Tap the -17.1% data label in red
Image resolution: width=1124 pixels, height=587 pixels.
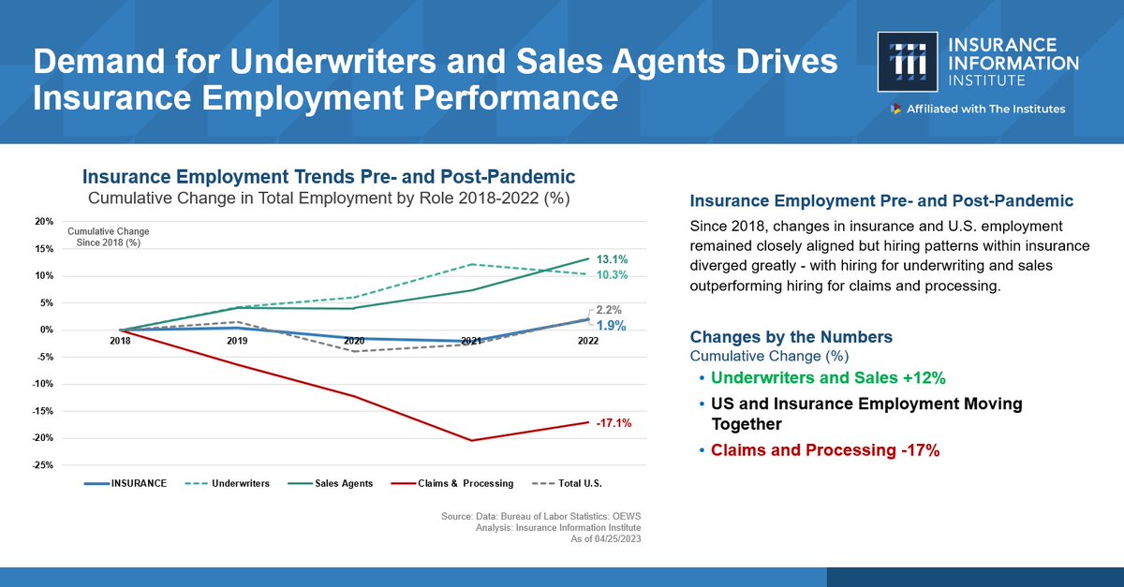click(614, 423)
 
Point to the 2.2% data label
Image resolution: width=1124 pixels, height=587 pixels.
click(609, 309)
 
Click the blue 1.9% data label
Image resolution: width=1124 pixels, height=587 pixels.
click(612, 326)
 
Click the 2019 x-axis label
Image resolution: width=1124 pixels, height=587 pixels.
click(237, 342)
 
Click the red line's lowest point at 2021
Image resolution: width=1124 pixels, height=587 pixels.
click(471, 440)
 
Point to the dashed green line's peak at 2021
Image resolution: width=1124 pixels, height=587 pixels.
click(471, 264)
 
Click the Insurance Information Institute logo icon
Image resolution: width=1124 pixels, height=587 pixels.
click(908, 63)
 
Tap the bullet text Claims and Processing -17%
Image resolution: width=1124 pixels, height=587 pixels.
click(824, 450)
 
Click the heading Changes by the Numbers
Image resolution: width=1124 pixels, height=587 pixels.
click(791, 337)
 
